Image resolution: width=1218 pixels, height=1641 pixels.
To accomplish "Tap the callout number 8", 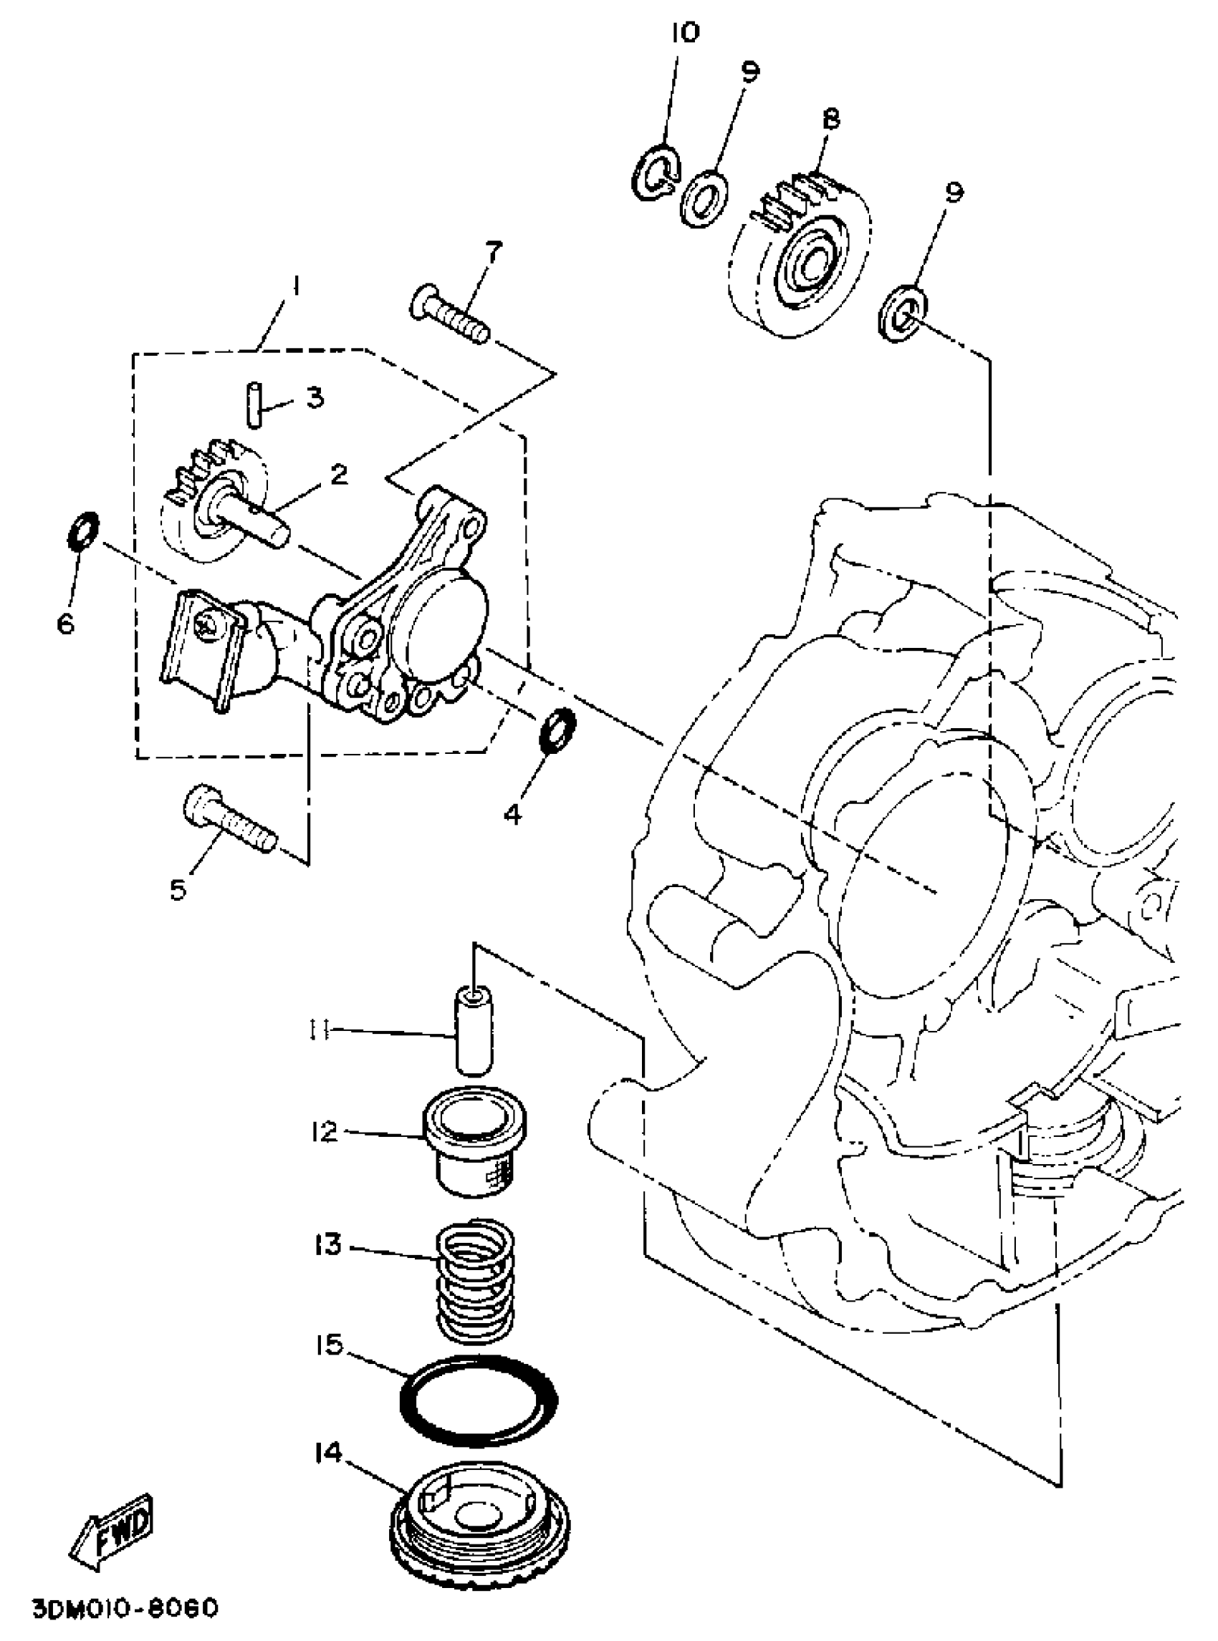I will pyautogui.click(x=831, y=118).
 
